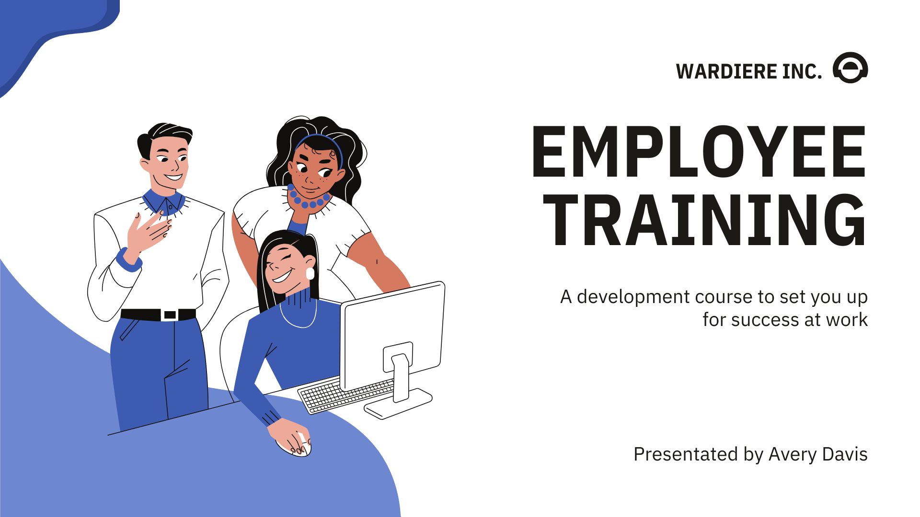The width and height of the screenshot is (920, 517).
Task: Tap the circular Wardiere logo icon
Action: [851, 67]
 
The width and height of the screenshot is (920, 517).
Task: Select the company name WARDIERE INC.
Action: [748, 71]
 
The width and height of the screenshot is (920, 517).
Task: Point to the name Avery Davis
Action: [818, 454]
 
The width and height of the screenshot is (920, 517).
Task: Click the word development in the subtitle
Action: [633, 297]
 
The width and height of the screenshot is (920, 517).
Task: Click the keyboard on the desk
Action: [346, 394]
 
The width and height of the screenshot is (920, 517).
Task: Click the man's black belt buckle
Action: [170, 315]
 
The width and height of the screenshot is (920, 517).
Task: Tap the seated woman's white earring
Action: [310, 273]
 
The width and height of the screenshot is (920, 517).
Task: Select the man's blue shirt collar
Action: [164, 202]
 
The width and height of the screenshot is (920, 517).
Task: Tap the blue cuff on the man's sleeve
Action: [128, 261]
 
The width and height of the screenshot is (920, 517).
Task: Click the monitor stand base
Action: [398, 403]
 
